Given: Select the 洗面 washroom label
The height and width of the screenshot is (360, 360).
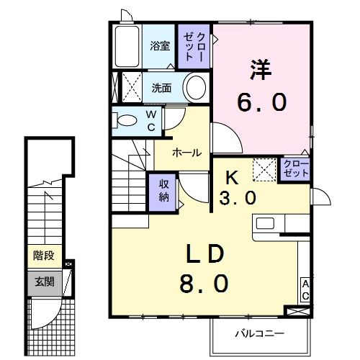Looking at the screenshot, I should [161, 89].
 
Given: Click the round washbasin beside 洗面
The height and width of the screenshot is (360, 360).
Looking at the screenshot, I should [194, 89].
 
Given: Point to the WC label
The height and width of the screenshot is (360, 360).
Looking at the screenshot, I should [152, 121].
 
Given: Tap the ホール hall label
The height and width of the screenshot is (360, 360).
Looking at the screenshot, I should [186, 153].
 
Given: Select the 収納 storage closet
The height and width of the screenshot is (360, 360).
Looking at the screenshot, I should [163, 191].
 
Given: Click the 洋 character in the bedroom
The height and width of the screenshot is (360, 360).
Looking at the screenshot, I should [261, 71].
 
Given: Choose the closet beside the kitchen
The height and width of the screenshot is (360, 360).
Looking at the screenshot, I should [294, 170].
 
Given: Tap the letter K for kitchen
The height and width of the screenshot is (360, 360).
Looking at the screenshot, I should [233, 175].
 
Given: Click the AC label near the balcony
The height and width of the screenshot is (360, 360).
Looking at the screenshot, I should [305, 289].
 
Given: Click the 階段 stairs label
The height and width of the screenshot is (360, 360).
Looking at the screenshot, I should [42, 255].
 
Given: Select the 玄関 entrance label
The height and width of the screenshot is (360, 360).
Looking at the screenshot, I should [42, 282].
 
